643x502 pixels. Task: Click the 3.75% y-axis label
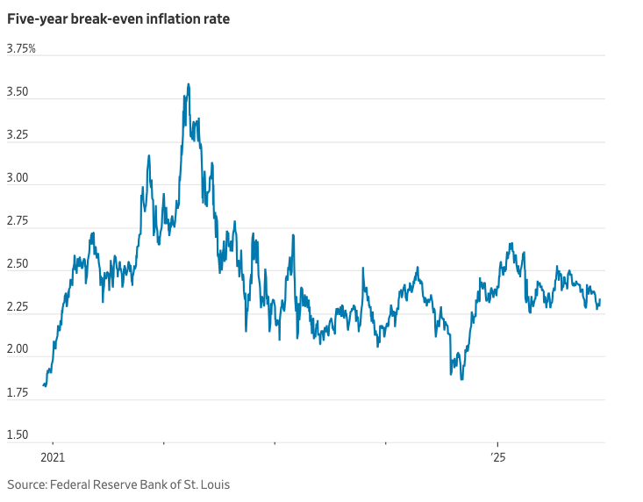[x=21, y=49]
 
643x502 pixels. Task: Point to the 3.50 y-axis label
[x=19, y=92]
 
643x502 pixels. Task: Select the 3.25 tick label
[x=19, y=135]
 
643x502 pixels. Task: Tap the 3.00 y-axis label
[x=19, y=178]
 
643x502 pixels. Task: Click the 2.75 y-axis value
[x=19, y=221]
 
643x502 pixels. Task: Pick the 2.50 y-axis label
[x=19, y=264]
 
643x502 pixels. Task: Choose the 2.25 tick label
[x=19, y=307]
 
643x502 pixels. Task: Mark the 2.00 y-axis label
[x=19, y=350]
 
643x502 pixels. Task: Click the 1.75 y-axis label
[x=19, y=393]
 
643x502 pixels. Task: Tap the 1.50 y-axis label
[x=19, y=435]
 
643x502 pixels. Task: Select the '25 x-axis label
[x=497, y=458]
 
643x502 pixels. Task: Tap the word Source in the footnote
[x=26, y=484]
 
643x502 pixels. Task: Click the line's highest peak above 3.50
[x=189, y=84]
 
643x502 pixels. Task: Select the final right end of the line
[x=600, y=300]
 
